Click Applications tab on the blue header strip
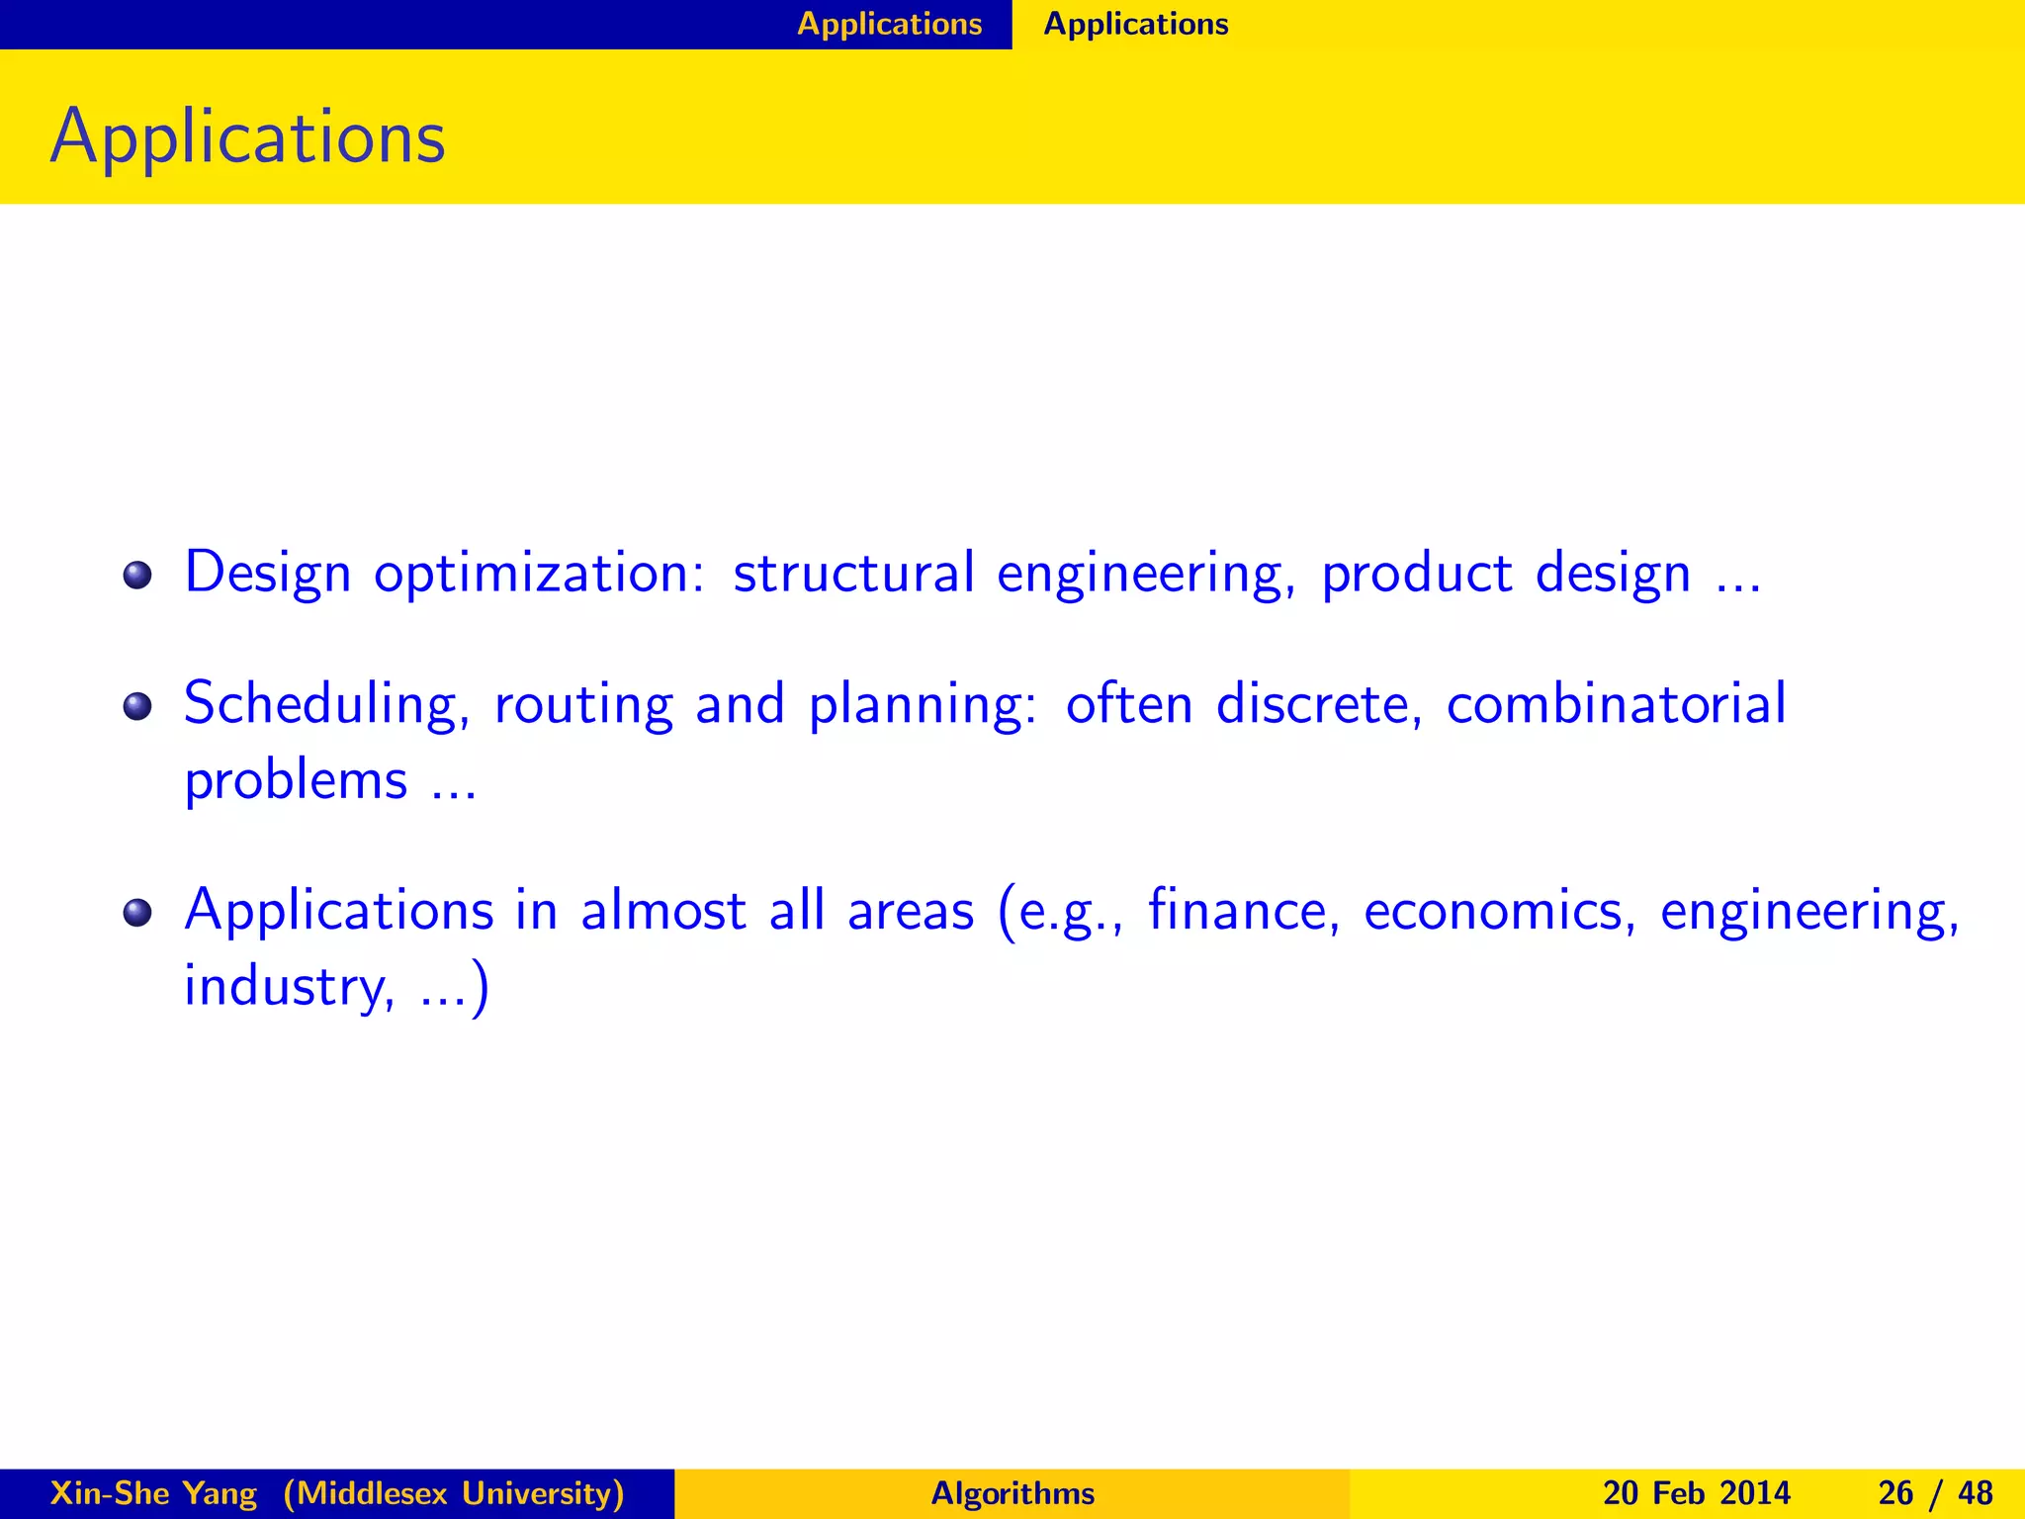click(x=889, y=24)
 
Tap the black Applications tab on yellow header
click(x=1135, y=24)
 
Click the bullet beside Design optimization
click(x=137, y=575)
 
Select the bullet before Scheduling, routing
click(x=137, y=706)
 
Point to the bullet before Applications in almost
click(x=137, y=912)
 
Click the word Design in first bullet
click(x=268, y=574)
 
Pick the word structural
click(x=852, y=574)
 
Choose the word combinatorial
click(x=1616, y=704)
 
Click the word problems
click(x=296, y=782)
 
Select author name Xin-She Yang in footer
click(x=153, y=1493)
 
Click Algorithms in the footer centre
click(x=1012, y=1493)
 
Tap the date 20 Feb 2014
click(x=1696, y=1493)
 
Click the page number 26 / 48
click(x=1935, y=1493)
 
